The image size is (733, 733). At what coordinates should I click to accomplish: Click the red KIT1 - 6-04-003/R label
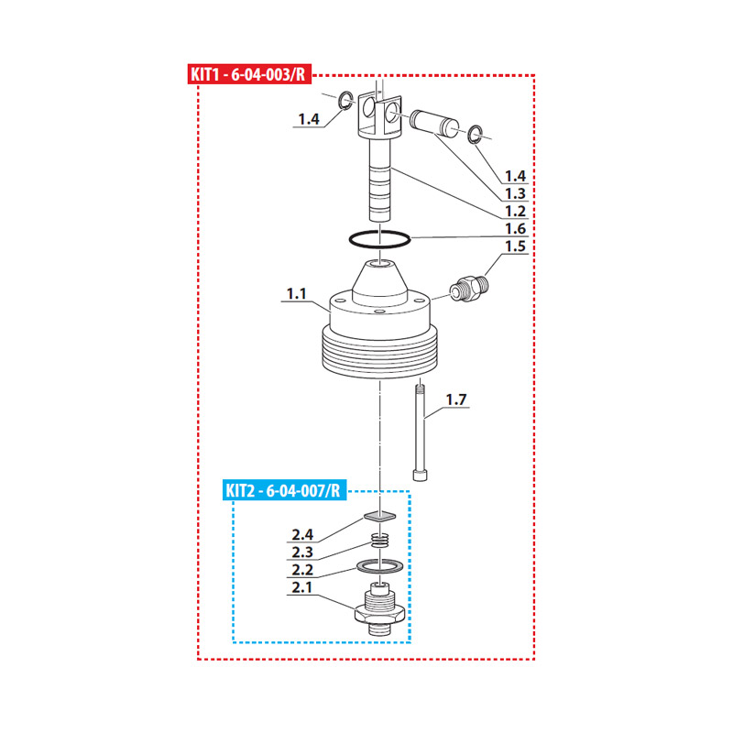[x=249, y=74]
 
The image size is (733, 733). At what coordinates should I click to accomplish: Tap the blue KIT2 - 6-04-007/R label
[x=285, y=491]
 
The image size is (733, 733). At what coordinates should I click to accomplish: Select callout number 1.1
[x=296, y=293]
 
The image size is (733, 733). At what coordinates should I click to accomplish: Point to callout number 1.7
[x=455, y=399]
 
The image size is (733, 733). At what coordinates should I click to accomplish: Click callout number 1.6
[x=515, y=228]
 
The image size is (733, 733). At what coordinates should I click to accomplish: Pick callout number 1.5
[x=515, y=246]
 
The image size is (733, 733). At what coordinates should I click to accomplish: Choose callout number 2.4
[x=302, y=534]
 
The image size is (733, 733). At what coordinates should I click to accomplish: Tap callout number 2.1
[x=302, y=587]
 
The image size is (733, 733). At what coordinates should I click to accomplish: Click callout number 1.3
[x=515, y=193]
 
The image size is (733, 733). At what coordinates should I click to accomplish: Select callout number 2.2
[x=302, y=570]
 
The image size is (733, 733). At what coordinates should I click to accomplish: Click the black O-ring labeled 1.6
[x=379, y=239]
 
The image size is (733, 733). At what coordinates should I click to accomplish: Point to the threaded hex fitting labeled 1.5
[x=470, y=289]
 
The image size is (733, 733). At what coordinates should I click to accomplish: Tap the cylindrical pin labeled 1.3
[x=434, y=123]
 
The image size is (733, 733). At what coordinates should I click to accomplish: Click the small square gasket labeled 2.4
[x=380, y=516]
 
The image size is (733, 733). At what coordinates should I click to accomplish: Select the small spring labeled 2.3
[x=380, y=540]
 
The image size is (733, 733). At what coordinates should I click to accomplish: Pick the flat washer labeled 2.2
[x=379, y=566]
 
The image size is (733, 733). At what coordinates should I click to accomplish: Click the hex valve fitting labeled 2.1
[x=379, y=609]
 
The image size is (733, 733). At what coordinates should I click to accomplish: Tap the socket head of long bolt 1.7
[x=420, y=475]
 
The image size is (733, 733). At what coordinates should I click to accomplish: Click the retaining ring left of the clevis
[x=347, y=100]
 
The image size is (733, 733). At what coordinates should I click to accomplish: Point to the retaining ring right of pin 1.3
[x=476, y=134]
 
